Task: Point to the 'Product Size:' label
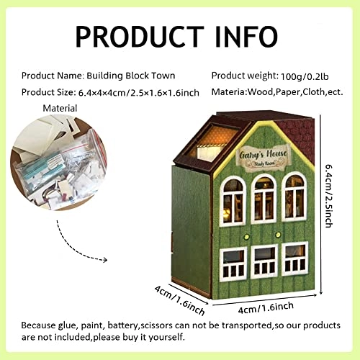pos(48,91)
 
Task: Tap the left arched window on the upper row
pos(233,197)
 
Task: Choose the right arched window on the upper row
pos(294,195)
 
